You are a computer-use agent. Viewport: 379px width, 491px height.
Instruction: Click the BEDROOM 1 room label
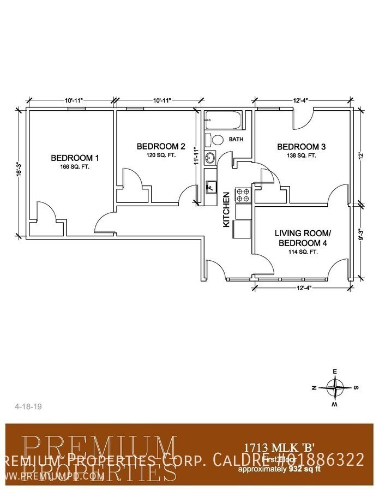pos(75,158)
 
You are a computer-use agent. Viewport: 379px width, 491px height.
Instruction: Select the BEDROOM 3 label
pos(302,147)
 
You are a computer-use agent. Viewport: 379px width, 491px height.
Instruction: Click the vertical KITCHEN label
pos(226,209)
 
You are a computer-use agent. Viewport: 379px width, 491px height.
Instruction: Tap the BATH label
pos(236,140)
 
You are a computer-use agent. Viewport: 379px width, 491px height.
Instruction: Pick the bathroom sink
pos(210,159)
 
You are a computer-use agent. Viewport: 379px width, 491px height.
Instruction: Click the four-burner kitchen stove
pos(242,195)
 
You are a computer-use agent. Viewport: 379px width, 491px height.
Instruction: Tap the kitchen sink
pos(210,187)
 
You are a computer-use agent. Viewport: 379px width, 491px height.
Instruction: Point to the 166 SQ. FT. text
pos(75,167)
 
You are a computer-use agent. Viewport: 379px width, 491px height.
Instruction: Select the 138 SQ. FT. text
pos(302,155)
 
